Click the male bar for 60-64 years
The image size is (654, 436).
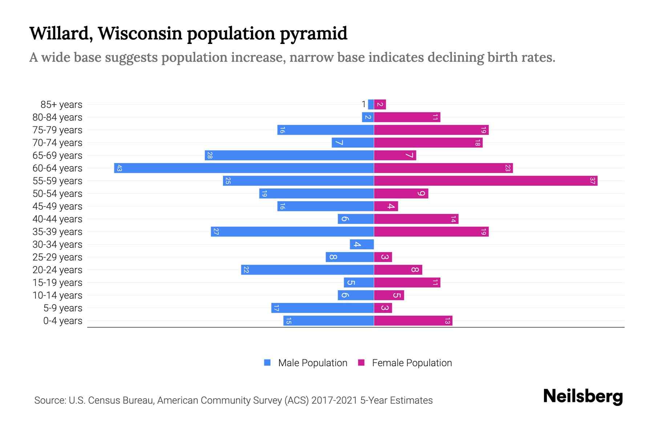[244, 168]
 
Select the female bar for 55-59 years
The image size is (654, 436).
[485, 181]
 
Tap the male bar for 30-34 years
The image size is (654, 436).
[362, 245]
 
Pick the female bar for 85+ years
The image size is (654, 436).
[380, 105]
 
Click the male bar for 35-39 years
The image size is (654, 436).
[292, 232]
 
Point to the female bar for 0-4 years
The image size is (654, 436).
[413, 321]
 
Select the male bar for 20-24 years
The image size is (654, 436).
[307, 270]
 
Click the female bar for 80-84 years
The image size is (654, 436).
[407, 117]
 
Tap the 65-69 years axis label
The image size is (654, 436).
[57, 156]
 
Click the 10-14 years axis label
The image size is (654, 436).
[57, 295]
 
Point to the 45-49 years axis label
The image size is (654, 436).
[57, 206]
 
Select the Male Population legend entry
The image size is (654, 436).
[306, 363]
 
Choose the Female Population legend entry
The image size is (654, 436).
[405, 363]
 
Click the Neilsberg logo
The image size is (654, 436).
[583, 396]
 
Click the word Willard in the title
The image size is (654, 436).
[59, 33]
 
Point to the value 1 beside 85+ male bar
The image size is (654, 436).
[364, 105]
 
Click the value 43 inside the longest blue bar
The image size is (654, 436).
[119, 168]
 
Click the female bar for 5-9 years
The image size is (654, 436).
[383, 308]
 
